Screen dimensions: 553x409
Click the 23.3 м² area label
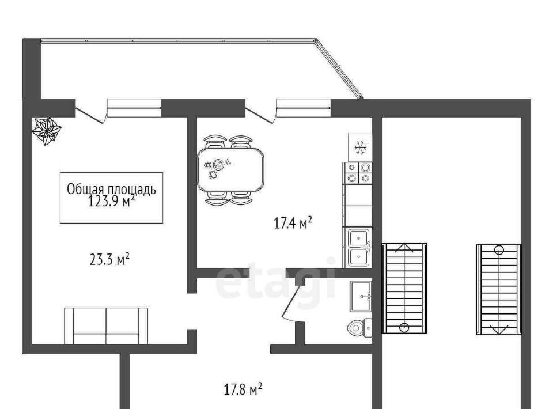click(109, 259)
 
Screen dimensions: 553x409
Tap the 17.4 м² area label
click(293, 223)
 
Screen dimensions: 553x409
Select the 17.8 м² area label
click(243, 389)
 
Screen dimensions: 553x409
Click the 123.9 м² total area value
click(111, 201)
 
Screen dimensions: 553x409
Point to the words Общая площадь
click(111, 189)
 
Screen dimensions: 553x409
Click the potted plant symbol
click(47, 131)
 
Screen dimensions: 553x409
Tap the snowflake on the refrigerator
click(361, 147)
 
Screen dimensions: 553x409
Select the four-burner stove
click(358, 173)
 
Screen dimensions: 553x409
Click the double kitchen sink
click(359, 248)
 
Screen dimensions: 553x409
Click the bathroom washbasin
click(361, 296)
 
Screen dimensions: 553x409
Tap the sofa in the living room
click(106, 326)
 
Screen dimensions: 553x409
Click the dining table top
click(230, 169)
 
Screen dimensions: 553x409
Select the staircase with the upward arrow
click(404, 287)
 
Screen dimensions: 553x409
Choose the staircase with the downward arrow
click(499, 289)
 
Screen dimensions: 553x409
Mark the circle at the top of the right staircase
click(499, 251)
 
